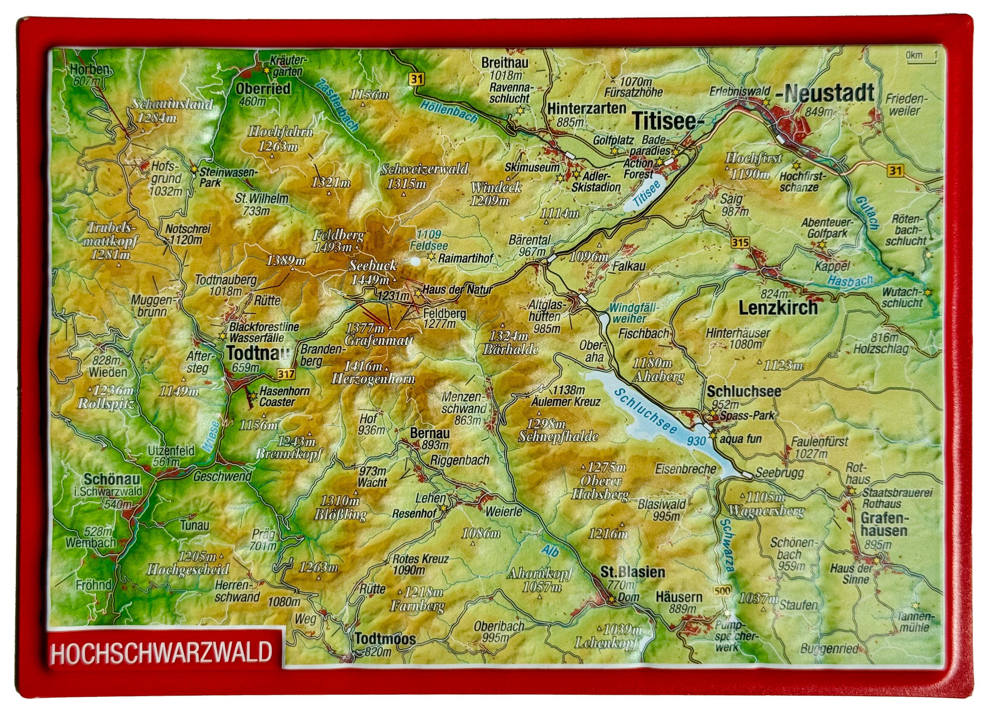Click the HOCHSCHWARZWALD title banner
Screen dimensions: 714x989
click(161, 653)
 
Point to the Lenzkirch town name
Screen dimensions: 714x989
click(778, 308)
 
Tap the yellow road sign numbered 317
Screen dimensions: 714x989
click(285, 374)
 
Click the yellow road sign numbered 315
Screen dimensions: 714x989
click(740, 242)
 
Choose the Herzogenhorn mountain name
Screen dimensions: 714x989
click(373, 379)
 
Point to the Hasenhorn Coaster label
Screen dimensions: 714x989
click(284, 397)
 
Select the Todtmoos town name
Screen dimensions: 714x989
click(385, 639)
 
